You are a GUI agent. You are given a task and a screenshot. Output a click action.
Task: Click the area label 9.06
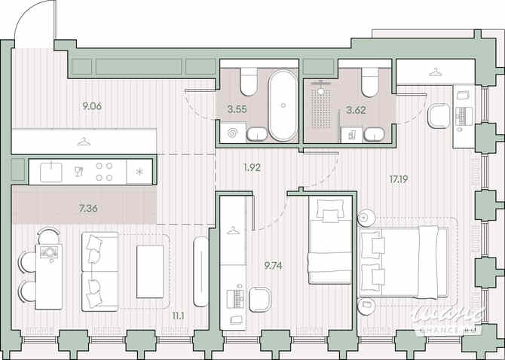(92, 106)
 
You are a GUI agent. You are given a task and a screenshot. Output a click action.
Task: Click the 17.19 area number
(399, 181)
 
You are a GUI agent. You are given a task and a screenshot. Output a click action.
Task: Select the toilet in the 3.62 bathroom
(369, 82)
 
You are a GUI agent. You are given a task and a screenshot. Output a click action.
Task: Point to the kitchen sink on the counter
(50, 171)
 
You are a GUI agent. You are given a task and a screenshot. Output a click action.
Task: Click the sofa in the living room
(99, 270)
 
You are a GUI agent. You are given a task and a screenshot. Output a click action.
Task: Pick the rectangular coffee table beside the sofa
(155, 270)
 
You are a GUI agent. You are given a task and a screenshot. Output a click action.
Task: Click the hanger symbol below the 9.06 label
(84, 141)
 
